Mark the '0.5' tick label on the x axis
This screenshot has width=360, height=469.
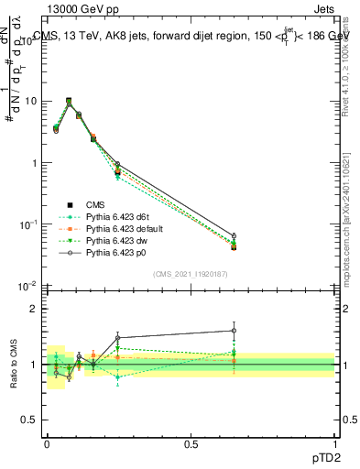(191, 443)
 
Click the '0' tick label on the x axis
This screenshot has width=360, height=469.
(47, 443)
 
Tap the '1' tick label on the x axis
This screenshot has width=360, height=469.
(334, 443)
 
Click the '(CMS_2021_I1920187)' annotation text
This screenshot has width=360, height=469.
(191, 274)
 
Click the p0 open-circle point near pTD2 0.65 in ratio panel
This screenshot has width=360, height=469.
(234, 331)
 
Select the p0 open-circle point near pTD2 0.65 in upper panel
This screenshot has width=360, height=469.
(234, 235)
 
